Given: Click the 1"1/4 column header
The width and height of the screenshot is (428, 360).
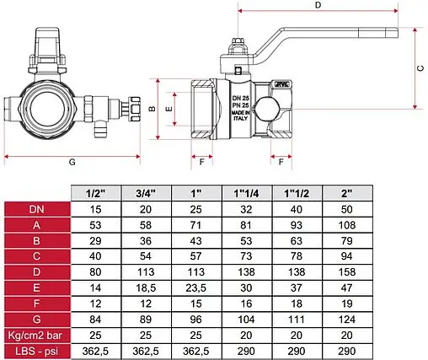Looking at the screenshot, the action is click(x=246, y=193).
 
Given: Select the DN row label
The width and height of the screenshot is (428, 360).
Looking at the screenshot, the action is click(x=36, y=209).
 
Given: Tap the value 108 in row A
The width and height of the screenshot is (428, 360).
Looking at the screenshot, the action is click(x=347, y=225).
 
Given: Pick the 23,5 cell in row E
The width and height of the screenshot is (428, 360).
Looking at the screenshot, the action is click(x=195, y=288).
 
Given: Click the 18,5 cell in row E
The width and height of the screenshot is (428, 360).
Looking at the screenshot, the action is click(x=146, y=288).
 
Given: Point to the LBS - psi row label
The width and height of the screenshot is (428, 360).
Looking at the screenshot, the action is click(x=36, y=352).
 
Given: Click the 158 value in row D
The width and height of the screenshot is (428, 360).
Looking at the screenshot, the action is click(x=347, y=272).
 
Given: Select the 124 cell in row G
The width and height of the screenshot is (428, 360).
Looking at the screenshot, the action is click(x=347, y=320).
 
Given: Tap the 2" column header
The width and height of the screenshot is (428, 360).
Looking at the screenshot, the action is click(x=347, y=193).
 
